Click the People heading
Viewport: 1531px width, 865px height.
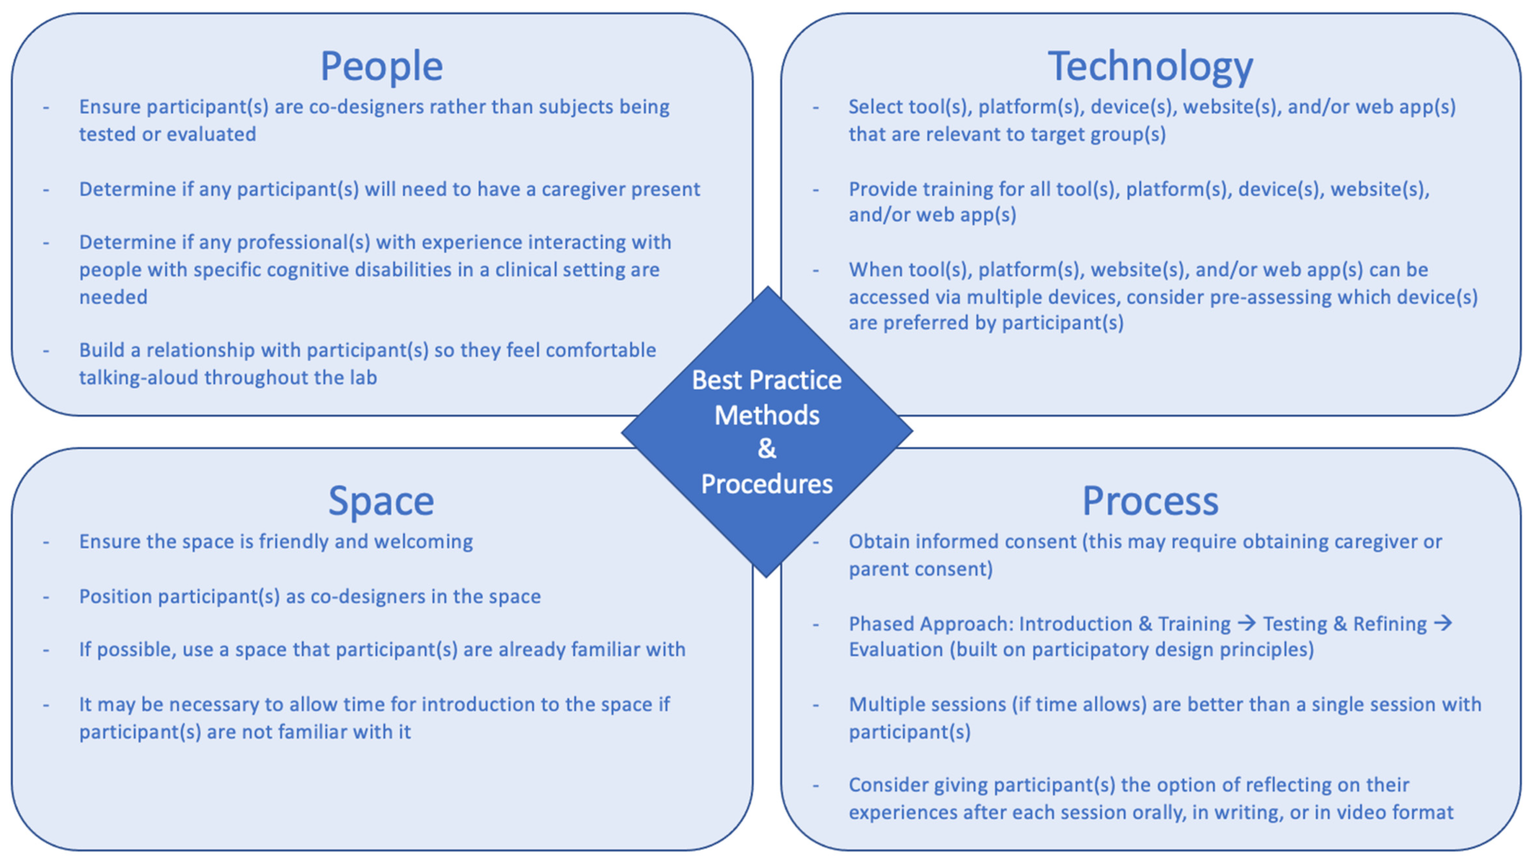pos(381,66)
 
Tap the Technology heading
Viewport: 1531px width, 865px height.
pos(1150,66)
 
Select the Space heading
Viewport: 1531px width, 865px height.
pos(381,501)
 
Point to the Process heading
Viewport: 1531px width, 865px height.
pos(1150,501)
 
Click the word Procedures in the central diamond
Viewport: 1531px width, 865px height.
pos(767,484)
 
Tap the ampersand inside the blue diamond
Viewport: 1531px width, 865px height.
pos(767,449)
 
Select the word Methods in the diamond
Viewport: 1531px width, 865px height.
pos(767,415)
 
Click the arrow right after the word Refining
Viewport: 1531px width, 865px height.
pos(1442,623)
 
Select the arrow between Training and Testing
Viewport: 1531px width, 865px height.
pos(1246,623)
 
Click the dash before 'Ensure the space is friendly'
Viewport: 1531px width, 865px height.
pos(46,542)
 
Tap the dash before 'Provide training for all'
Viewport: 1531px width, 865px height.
pos(815,190)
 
